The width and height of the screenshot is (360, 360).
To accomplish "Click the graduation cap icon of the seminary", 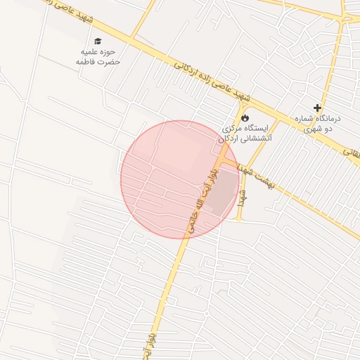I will point(98,41).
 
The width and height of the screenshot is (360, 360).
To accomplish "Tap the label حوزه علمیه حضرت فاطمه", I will point(98,57).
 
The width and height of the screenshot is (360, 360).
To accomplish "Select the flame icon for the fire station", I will point(245,117).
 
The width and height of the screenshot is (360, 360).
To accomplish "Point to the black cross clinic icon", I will point(318,108).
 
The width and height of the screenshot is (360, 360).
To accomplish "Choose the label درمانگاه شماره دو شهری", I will point(318,124).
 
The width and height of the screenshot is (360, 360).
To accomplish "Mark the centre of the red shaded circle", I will point(180,179).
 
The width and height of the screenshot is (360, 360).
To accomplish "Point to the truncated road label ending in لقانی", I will point(351,150).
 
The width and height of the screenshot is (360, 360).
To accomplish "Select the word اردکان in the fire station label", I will point(226,139).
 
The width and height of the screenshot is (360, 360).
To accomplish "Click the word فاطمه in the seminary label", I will point(88,62).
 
